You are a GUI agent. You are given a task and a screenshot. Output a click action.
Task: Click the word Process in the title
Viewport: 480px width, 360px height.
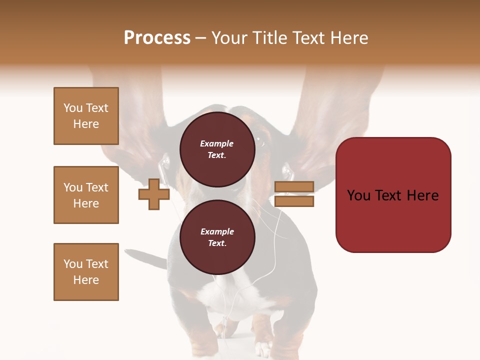(157, 38)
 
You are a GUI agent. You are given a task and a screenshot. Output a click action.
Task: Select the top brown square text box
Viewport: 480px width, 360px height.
(86, 116)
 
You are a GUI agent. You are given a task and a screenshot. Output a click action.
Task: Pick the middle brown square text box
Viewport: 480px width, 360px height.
(86, 195)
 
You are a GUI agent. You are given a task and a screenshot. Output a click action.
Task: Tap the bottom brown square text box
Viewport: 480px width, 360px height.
(86, 272)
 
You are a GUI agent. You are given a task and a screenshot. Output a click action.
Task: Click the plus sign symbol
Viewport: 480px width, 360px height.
(154, 194)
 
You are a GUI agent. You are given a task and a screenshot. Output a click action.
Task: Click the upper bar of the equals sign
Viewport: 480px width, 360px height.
(294, 187)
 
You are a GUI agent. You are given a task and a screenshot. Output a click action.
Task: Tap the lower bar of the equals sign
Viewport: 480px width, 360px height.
(294, 201)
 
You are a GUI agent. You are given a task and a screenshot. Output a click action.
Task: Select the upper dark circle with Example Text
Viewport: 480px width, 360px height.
(217, 149)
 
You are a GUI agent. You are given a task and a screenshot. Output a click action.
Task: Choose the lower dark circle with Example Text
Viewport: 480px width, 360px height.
(217, 237)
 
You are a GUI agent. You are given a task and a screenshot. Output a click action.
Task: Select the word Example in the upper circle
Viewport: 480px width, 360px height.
(217, 143)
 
